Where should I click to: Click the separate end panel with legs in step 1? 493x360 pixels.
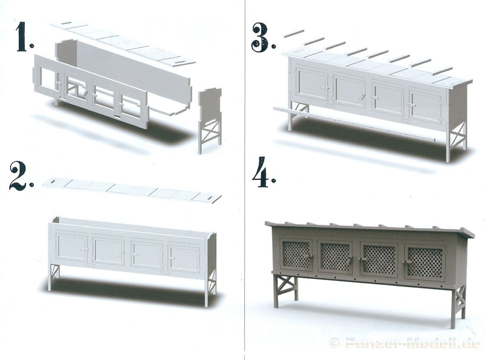(x=210, y=120)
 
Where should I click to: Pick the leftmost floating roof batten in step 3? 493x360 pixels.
(x=293, y=34)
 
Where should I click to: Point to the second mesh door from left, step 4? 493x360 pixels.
(x=335, y=257)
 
